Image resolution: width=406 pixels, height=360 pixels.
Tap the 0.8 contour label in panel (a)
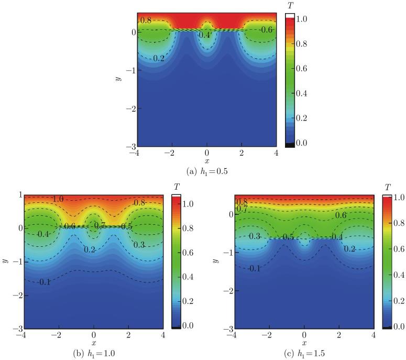point(146,20)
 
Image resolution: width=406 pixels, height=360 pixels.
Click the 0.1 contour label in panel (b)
point(46,282)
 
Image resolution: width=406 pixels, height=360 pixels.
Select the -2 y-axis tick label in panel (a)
point(131,108)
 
